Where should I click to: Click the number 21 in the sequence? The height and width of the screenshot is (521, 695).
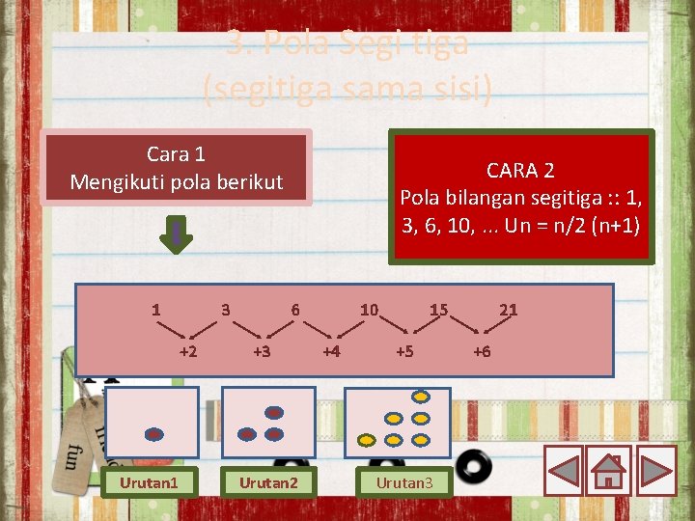(508, 310)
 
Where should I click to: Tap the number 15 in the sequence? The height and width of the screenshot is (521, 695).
(438, 310)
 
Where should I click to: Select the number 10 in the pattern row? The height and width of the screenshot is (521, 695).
(369, 310)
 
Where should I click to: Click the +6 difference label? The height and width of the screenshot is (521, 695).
(481, 351)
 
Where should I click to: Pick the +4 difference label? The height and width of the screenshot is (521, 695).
(331, 351)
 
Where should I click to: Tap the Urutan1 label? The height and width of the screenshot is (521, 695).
(149, 482)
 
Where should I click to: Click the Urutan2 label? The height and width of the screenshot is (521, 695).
(268, 482)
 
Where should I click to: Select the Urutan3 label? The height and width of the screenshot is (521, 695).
(404, 482)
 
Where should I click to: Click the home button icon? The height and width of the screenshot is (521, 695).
(608, 471)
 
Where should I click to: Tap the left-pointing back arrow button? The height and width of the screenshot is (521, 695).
(564, 471)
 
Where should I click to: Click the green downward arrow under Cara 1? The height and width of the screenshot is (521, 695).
(177, 234)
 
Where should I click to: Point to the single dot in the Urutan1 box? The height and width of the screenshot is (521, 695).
(153, 433)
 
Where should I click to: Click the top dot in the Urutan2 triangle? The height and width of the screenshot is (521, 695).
(274, 412)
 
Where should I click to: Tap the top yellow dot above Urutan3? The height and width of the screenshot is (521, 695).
(421, 396)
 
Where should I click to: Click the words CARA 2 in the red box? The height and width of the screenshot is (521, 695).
(520, 171)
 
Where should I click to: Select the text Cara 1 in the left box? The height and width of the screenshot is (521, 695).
(176, 153)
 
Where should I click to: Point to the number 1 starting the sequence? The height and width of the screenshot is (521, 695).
(155, 310)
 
